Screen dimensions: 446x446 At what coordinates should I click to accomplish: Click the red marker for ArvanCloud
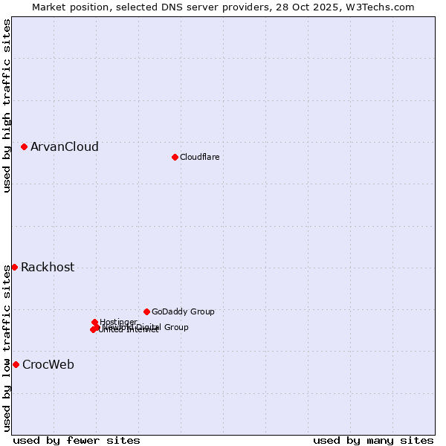25,147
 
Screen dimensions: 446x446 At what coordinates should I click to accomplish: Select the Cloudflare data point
175,157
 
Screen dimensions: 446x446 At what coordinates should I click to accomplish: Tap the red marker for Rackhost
14,267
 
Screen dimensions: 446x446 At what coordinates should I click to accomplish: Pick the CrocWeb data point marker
16,364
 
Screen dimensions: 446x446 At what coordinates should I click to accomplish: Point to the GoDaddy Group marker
146,311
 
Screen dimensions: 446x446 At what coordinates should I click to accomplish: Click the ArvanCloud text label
65,147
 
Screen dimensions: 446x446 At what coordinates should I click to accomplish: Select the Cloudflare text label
200,157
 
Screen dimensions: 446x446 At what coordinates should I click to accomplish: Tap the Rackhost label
48,268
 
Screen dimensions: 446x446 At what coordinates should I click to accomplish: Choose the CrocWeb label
48,365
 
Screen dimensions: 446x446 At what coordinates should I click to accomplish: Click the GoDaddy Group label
183,312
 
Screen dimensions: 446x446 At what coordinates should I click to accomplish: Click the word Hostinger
118,322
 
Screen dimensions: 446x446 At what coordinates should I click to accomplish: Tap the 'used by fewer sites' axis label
77,440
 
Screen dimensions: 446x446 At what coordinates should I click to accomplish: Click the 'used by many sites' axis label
373,440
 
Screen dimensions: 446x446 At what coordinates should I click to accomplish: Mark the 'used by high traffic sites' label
7,106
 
